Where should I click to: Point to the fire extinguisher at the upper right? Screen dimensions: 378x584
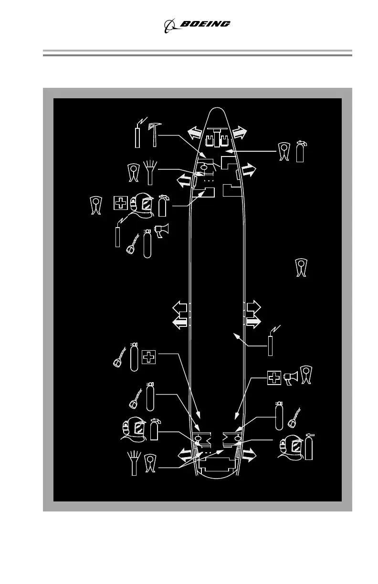tap(300, 151)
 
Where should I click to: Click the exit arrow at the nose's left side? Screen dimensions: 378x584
tap(193, 132)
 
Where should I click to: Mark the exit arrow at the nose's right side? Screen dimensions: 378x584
tap(240, 132)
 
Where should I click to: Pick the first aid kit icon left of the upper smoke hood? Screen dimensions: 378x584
tap(121, 203)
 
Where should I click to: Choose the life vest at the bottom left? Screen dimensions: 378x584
tap(151, 463)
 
